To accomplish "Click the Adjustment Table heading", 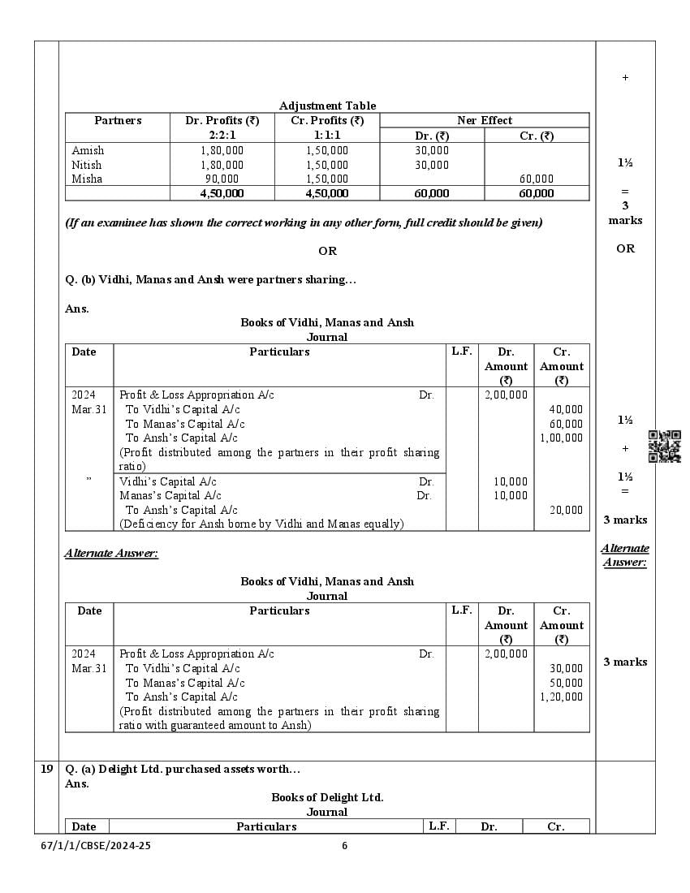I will coord(327,106).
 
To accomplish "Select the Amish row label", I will coord(88,150).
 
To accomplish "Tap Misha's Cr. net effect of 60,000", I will coord(537,179).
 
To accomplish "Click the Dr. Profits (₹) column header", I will coord(222,120).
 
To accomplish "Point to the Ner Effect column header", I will coord(485,120).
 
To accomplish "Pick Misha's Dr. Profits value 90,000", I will coord(222,179).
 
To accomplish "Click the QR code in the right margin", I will coord(664,446).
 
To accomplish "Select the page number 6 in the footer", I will coord(344,845).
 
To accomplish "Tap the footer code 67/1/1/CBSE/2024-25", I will coord(96,845).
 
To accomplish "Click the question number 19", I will coord(47,769).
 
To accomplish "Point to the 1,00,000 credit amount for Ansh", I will coord(561,438).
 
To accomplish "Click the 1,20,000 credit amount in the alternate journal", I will coord(561,697).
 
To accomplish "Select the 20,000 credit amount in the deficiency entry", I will coord(566,510).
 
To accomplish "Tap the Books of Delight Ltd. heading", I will coord(327,797).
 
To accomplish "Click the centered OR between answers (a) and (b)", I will coord(327,251).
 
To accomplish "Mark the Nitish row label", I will coord(87,165).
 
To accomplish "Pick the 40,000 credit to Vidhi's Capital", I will coord(566,409).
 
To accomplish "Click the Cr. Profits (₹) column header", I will coord(327,120).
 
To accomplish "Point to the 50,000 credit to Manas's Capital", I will coord(566,683).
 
